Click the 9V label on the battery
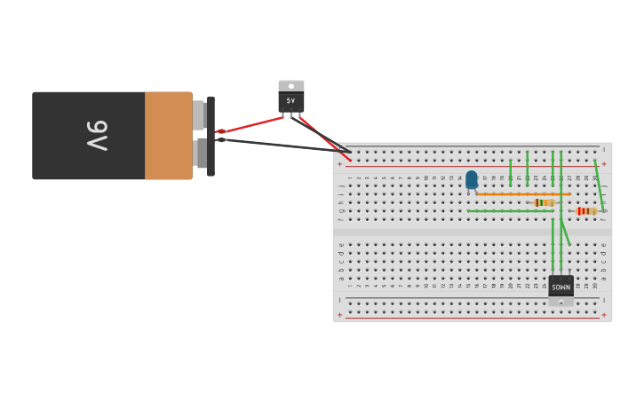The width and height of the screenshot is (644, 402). (97, 136)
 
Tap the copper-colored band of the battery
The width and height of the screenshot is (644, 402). (168, 136)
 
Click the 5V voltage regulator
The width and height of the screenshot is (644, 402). (290, 99)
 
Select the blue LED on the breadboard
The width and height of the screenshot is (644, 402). (471, 179)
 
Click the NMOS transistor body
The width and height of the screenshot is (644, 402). (561, 286)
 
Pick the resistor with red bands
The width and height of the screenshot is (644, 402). (585, 211)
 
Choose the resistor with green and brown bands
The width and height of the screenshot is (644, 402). (544, 202)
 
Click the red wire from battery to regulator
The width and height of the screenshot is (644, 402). (253, 123)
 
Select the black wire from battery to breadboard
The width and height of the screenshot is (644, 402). (284, 146)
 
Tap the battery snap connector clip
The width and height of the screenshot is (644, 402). (211, 136)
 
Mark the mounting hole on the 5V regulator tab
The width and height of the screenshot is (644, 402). (290, 86)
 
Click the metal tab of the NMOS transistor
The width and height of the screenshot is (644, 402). (561, 302)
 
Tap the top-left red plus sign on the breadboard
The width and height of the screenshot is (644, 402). (339, 164)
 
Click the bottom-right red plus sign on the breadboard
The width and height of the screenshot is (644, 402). (604, 315)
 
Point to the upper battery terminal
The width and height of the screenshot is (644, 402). (200, 115)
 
